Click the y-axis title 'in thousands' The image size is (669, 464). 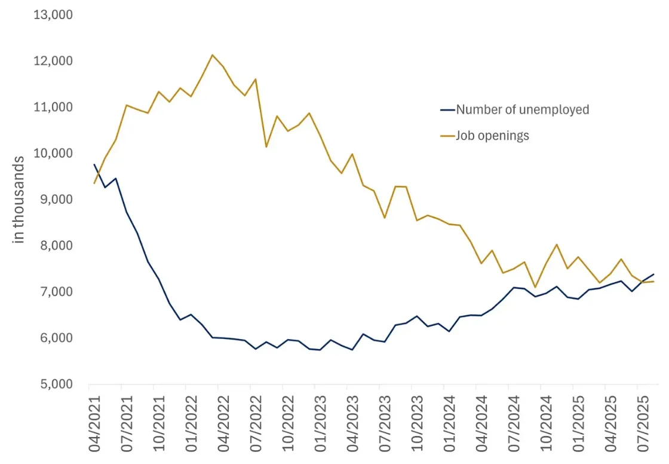pos(19,199)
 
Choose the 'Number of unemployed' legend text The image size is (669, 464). pos(522,109)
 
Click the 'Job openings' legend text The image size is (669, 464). pos(492,136)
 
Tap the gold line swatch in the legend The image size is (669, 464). pos(447,136)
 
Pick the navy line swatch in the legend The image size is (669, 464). pos(447,109)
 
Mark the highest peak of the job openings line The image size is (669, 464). pos(213,55)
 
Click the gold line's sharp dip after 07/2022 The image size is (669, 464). pos(266,146)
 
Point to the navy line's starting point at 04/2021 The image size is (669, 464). pos(94,164)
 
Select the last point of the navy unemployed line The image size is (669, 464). pos(653,274)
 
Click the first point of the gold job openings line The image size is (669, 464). pos(94,183)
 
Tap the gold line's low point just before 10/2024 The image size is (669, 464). pos(535,287)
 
